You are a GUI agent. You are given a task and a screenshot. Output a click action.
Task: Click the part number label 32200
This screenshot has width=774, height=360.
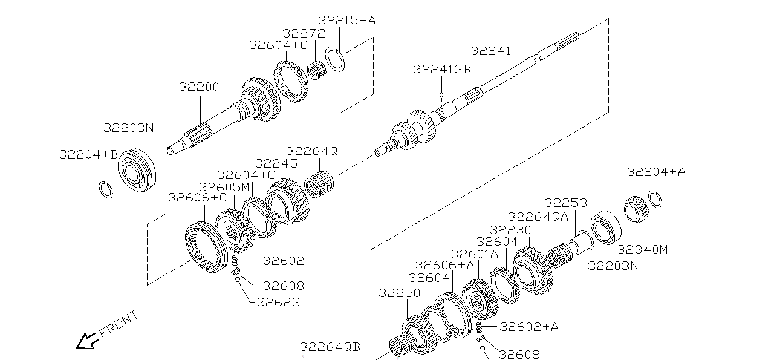pos(199,87)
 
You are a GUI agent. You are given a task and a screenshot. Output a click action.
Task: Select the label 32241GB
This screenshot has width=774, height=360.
pos(441,69)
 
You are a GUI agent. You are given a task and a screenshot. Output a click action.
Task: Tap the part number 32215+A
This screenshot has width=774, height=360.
pos(346,20)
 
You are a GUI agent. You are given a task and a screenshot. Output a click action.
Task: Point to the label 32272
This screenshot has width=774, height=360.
pos(304,33)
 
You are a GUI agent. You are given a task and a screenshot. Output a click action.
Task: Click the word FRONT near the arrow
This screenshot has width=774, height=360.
pos(119,324)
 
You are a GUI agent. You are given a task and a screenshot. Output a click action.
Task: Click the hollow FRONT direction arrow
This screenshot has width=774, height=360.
pos(86,341)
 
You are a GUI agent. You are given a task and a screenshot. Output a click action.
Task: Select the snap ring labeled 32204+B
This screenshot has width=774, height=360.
pos(106,189)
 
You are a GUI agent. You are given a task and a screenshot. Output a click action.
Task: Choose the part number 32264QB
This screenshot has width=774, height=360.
pos(330,347)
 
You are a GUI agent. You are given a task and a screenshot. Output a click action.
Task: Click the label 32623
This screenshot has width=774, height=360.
pos(278,302)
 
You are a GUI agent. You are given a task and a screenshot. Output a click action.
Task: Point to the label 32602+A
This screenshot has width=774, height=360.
pos(529,327)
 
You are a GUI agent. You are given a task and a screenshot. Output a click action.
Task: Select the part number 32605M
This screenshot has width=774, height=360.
pos(224,187)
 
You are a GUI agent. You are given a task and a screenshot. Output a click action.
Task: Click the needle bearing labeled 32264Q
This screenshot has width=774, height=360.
pos(319,182)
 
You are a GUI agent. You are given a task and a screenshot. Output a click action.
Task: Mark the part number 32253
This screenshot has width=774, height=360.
pos(566,203)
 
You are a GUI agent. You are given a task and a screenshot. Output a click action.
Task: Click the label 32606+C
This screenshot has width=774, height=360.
pos(197,197)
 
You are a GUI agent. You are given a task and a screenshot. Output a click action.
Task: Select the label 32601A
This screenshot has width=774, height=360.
pos(475,254)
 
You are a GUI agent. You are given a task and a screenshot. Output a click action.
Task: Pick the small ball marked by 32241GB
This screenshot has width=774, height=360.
pos(442,95)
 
